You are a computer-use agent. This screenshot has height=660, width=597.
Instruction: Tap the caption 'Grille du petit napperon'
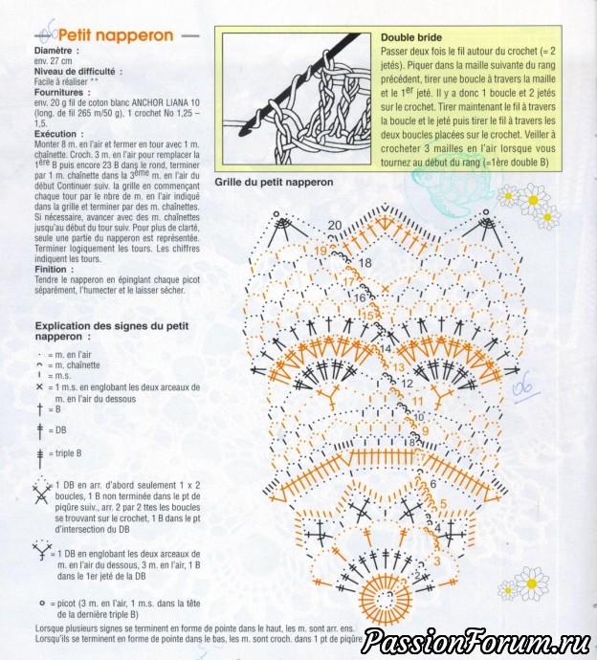click(274, 182)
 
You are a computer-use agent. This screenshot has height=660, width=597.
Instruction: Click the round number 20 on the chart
click(334, 226)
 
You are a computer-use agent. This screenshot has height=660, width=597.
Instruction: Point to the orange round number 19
click(320, 251)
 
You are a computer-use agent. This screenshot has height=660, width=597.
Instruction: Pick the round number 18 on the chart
click(365, 262)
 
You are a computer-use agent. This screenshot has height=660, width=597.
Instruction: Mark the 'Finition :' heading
click(56, 270)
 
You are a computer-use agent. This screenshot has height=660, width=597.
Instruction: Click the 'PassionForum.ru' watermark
click(476, 642)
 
